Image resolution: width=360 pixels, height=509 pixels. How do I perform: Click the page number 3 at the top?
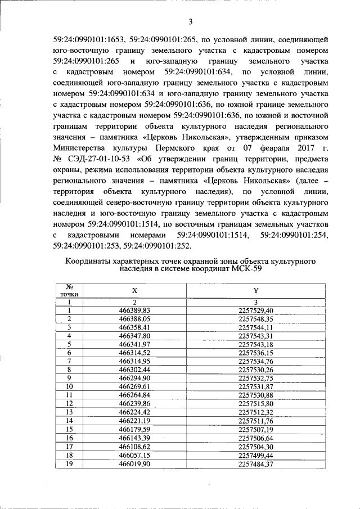[190, 22]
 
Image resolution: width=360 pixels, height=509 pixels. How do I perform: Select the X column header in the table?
[134, 291]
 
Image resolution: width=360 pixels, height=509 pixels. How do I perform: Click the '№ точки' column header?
[69, 290]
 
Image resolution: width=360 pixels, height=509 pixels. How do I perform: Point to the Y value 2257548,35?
[255, 318]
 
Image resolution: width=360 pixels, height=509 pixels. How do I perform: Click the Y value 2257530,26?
[255, 369]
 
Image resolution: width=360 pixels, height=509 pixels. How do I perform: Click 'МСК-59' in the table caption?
[246, 269]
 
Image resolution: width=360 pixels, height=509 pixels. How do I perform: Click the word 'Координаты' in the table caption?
[93, 262]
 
